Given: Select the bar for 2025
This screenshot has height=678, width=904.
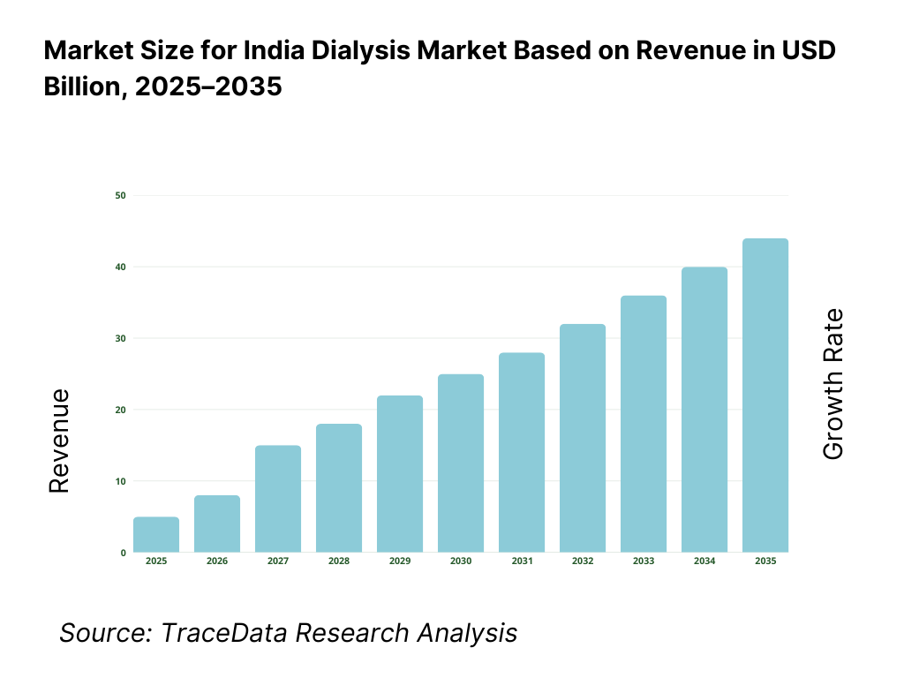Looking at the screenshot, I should [156, 535].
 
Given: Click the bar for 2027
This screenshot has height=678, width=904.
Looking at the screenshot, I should [278, 499].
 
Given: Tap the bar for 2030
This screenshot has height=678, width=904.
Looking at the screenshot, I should [461, 463].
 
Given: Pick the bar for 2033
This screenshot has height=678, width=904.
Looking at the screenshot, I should [644, 424].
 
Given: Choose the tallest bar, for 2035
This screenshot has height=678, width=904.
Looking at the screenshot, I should [765, 395].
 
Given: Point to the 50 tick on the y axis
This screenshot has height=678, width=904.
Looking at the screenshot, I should [120, 195].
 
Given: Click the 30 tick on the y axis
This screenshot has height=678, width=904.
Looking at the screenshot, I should [120, 338].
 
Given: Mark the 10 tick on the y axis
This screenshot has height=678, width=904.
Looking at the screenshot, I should [120, 481].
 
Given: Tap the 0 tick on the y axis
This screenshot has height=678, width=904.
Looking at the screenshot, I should [123, 553].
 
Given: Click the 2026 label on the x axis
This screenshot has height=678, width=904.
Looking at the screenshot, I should [217, 561].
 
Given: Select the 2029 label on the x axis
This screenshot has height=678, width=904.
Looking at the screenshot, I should [400, 561].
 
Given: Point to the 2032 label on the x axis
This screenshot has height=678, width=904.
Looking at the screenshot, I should [583, 561].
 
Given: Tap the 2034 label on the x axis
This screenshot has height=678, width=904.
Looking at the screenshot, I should [704, 561].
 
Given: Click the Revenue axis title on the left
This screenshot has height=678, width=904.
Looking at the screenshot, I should [59, 441].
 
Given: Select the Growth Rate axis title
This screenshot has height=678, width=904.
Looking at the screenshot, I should [832, 384].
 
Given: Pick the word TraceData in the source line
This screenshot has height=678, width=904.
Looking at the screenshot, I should [210, 632].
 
